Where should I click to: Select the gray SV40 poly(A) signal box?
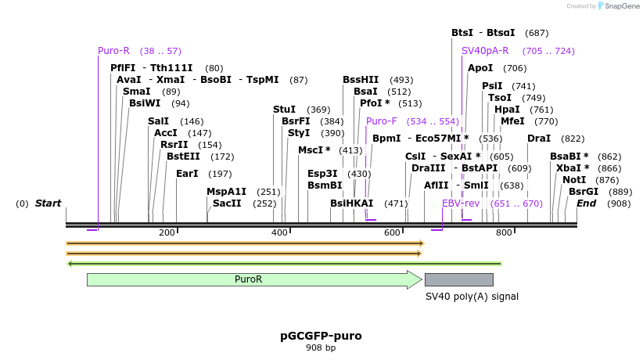click(458, 279)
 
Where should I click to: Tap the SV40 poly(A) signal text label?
click(472, 297)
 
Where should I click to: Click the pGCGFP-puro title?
click(321, 336)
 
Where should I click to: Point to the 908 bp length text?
click(321, 348)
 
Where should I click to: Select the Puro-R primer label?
click(113, 51)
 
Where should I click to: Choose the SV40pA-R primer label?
click(486, 51)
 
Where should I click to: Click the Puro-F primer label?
click(381, 121)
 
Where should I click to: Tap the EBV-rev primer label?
click(461, 203)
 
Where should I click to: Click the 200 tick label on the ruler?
click(167, 232)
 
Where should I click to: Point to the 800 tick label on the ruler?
click(504, 232)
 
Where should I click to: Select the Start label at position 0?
click(48, 203)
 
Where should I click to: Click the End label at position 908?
click(586, 203)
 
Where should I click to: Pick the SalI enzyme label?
click(158, 121)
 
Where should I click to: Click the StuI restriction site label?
click(284, 110)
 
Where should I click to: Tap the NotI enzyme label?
click(573, 180)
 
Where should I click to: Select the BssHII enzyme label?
click(361, 80)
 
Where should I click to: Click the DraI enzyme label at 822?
click(539, 139)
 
